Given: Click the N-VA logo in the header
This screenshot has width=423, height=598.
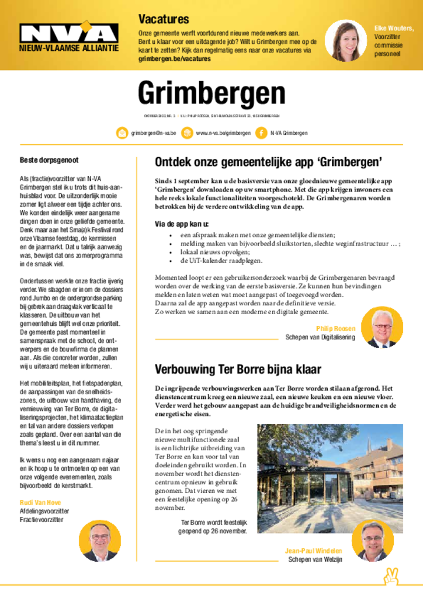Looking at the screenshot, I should coord(69,34).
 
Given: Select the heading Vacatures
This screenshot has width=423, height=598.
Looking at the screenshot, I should coord(163,19).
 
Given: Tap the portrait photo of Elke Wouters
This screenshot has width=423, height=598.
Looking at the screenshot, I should coord(346,40).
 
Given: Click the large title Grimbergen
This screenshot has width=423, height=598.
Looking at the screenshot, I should coord(211,93).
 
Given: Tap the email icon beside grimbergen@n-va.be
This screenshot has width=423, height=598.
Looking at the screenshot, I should coord(122,133).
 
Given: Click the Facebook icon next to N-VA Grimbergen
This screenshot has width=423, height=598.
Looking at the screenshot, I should coord(261,133).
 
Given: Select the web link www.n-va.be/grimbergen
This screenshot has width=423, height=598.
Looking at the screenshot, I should coord(223,133).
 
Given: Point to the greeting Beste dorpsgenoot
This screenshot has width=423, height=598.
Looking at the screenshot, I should coord(49,159).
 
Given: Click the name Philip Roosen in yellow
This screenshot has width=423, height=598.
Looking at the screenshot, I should coord(335,328).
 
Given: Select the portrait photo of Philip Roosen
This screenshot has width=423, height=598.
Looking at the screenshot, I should coord(382,327).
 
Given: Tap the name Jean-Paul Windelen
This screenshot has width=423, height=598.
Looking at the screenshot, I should coord(313,551).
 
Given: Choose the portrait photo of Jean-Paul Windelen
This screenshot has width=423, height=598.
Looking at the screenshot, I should coord(375,540).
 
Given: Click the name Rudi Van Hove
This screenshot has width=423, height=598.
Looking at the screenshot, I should coord(40,502).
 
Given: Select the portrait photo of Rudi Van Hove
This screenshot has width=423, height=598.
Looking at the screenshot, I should coord(100,540).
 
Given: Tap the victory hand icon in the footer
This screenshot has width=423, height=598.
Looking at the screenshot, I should coord(390,576).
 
